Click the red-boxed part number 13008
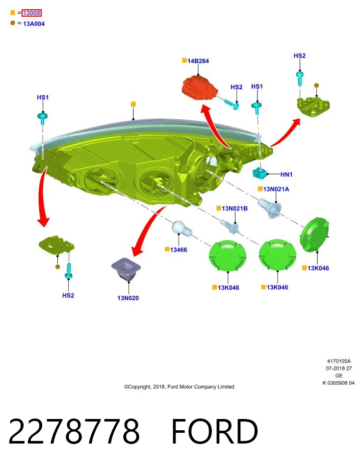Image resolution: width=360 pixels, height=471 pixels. pyautogui.click(x=31, y=13)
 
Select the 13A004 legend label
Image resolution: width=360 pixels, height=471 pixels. pyautogui.click(x=34, y=24)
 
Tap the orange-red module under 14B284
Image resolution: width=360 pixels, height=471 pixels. pyautogui.click(x=199, y=88)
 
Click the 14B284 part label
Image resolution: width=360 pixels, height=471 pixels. pyautogui.click(x=198, y=61)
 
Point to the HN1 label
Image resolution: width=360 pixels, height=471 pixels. pyautogui.click(x=286, y=175)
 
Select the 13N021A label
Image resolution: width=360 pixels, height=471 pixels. pyautogui.click(x=276, y=189)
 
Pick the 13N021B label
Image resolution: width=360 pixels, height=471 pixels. pyautogui.click(x=234, y=208)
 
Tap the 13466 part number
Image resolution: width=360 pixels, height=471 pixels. pyautogui.click(x=179, y=250)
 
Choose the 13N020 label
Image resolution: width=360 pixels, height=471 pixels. pyautogui.click(x=128, y=298)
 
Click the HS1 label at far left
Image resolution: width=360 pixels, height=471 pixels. pyautogui.click(x=43, y=97)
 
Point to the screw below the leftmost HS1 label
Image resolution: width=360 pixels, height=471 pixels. pyautogui.click(x=43, y=117)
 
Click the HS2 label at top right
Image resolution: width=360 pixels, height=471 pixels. pyautogui.click(x=299, y=56)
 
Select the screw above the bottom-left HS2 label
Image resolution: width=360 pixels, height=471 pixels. pyautogui.click(x=69, y=271)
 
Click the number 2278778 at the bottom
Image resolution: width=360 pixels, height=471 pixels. pyautogui.click(x=74, y=431)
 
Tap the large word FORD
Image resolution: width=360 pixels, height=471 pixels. pyautogui.click(x=214, y=431)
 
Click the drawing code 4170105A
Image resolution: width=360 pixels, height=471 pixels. pyautogui.click(x=339, y=361)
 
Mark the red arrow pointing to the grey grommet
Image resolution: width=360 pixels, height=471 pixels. pyautogui.click(x=147, y=230)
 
